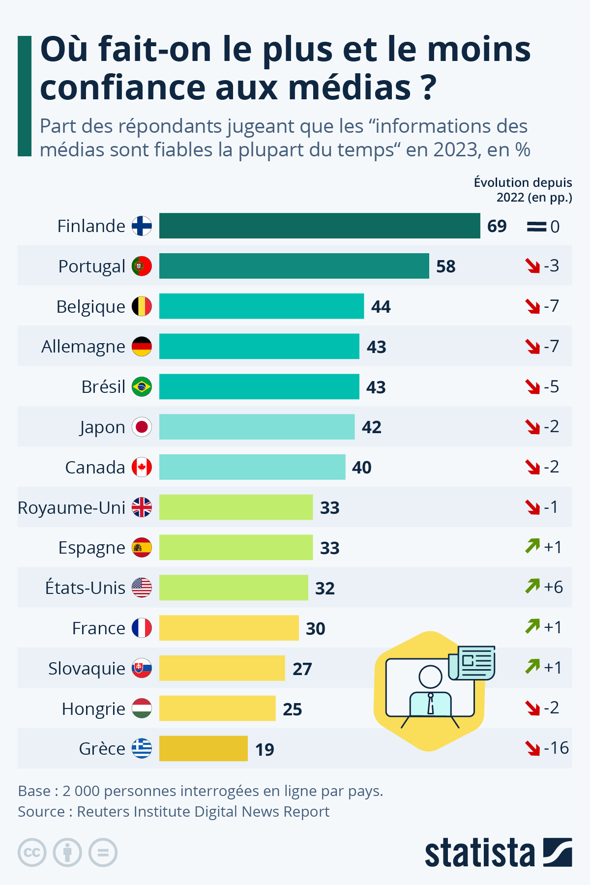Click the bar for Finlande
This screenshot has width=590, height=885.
click(320, 226)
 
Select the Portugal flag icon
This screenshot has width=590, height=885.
click(142, 266)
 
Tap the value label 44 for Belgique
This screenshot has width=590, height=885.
click(381, 307)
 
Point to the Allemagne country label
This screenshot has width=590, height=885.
click(83, 347)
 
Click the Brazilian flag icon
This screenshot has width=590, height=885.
click(142, 387)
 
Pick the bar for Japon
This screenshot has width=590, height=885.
click(257, 427)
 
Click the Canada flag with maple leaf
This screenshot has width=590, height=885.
click(142, 467)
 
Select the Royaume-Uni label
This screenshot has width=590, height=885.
click(71, 507)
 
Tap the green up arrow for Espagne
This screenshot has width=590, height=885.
click(532, 546)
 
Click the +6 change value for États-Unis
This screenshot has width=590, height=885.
click(553, 587)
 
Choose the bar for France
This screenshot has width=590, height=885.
click(229, 628)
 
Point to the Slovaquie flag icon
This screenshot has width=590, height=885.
click(142, 668)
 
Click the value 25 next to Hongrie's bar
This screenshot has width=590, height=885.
click(293, 709)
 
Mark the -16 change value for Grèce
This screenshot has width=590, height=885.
click(556, 748)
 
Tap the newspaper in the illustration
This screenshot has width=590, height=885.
click(472, 663)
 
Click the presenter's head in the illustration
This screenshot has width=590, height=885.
click(430, 677)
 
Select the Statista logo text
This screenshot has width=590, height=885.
click(479, 853)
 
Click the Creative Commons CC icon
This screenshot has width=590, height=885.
click(32, 853)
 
